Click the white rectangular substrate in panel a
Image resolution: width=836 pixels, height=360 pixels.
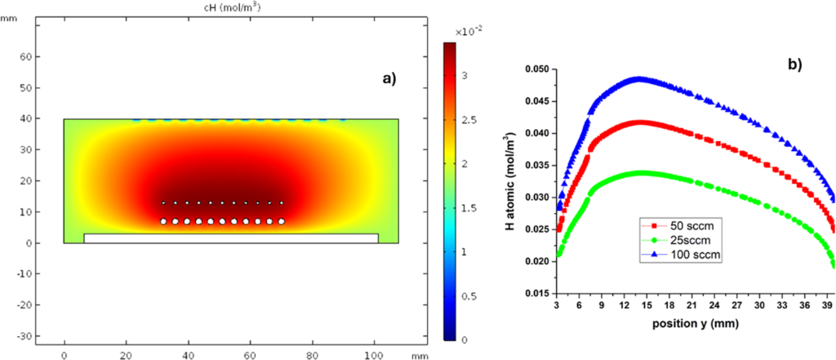point(231,238)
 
